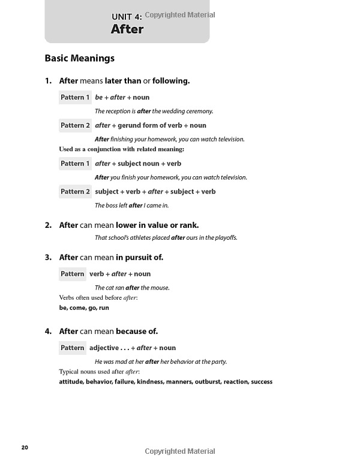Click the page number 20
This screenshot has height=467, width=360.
(x=25, y=447)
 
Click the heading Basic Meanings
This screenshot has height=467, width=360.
(x=79, y=59)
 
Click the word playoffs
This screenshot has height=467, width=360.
(x=224, y=237)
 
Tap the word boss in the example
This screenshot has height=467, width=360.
(x=112, y=205)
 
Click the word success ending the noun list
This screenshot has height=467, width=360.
(x=262, y=382)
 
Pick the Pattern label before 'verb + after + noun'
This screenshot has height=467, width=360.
(x=73, y=274)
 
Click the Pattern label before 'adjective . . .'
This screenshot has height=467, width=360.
(x=73, y=348)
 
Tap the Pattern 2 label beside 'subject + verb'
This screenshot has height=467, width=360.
(x=76, y=192)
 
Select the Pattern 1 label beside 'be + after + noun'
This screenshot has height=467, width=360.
(x=76, y=97)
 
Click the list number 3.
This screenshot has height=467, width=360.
(x=48, y=258)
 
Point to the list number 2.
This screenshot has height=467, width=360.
(x=48, y=225)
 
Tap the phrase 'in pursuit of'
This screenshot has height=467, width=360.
(x=140, y=258)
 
